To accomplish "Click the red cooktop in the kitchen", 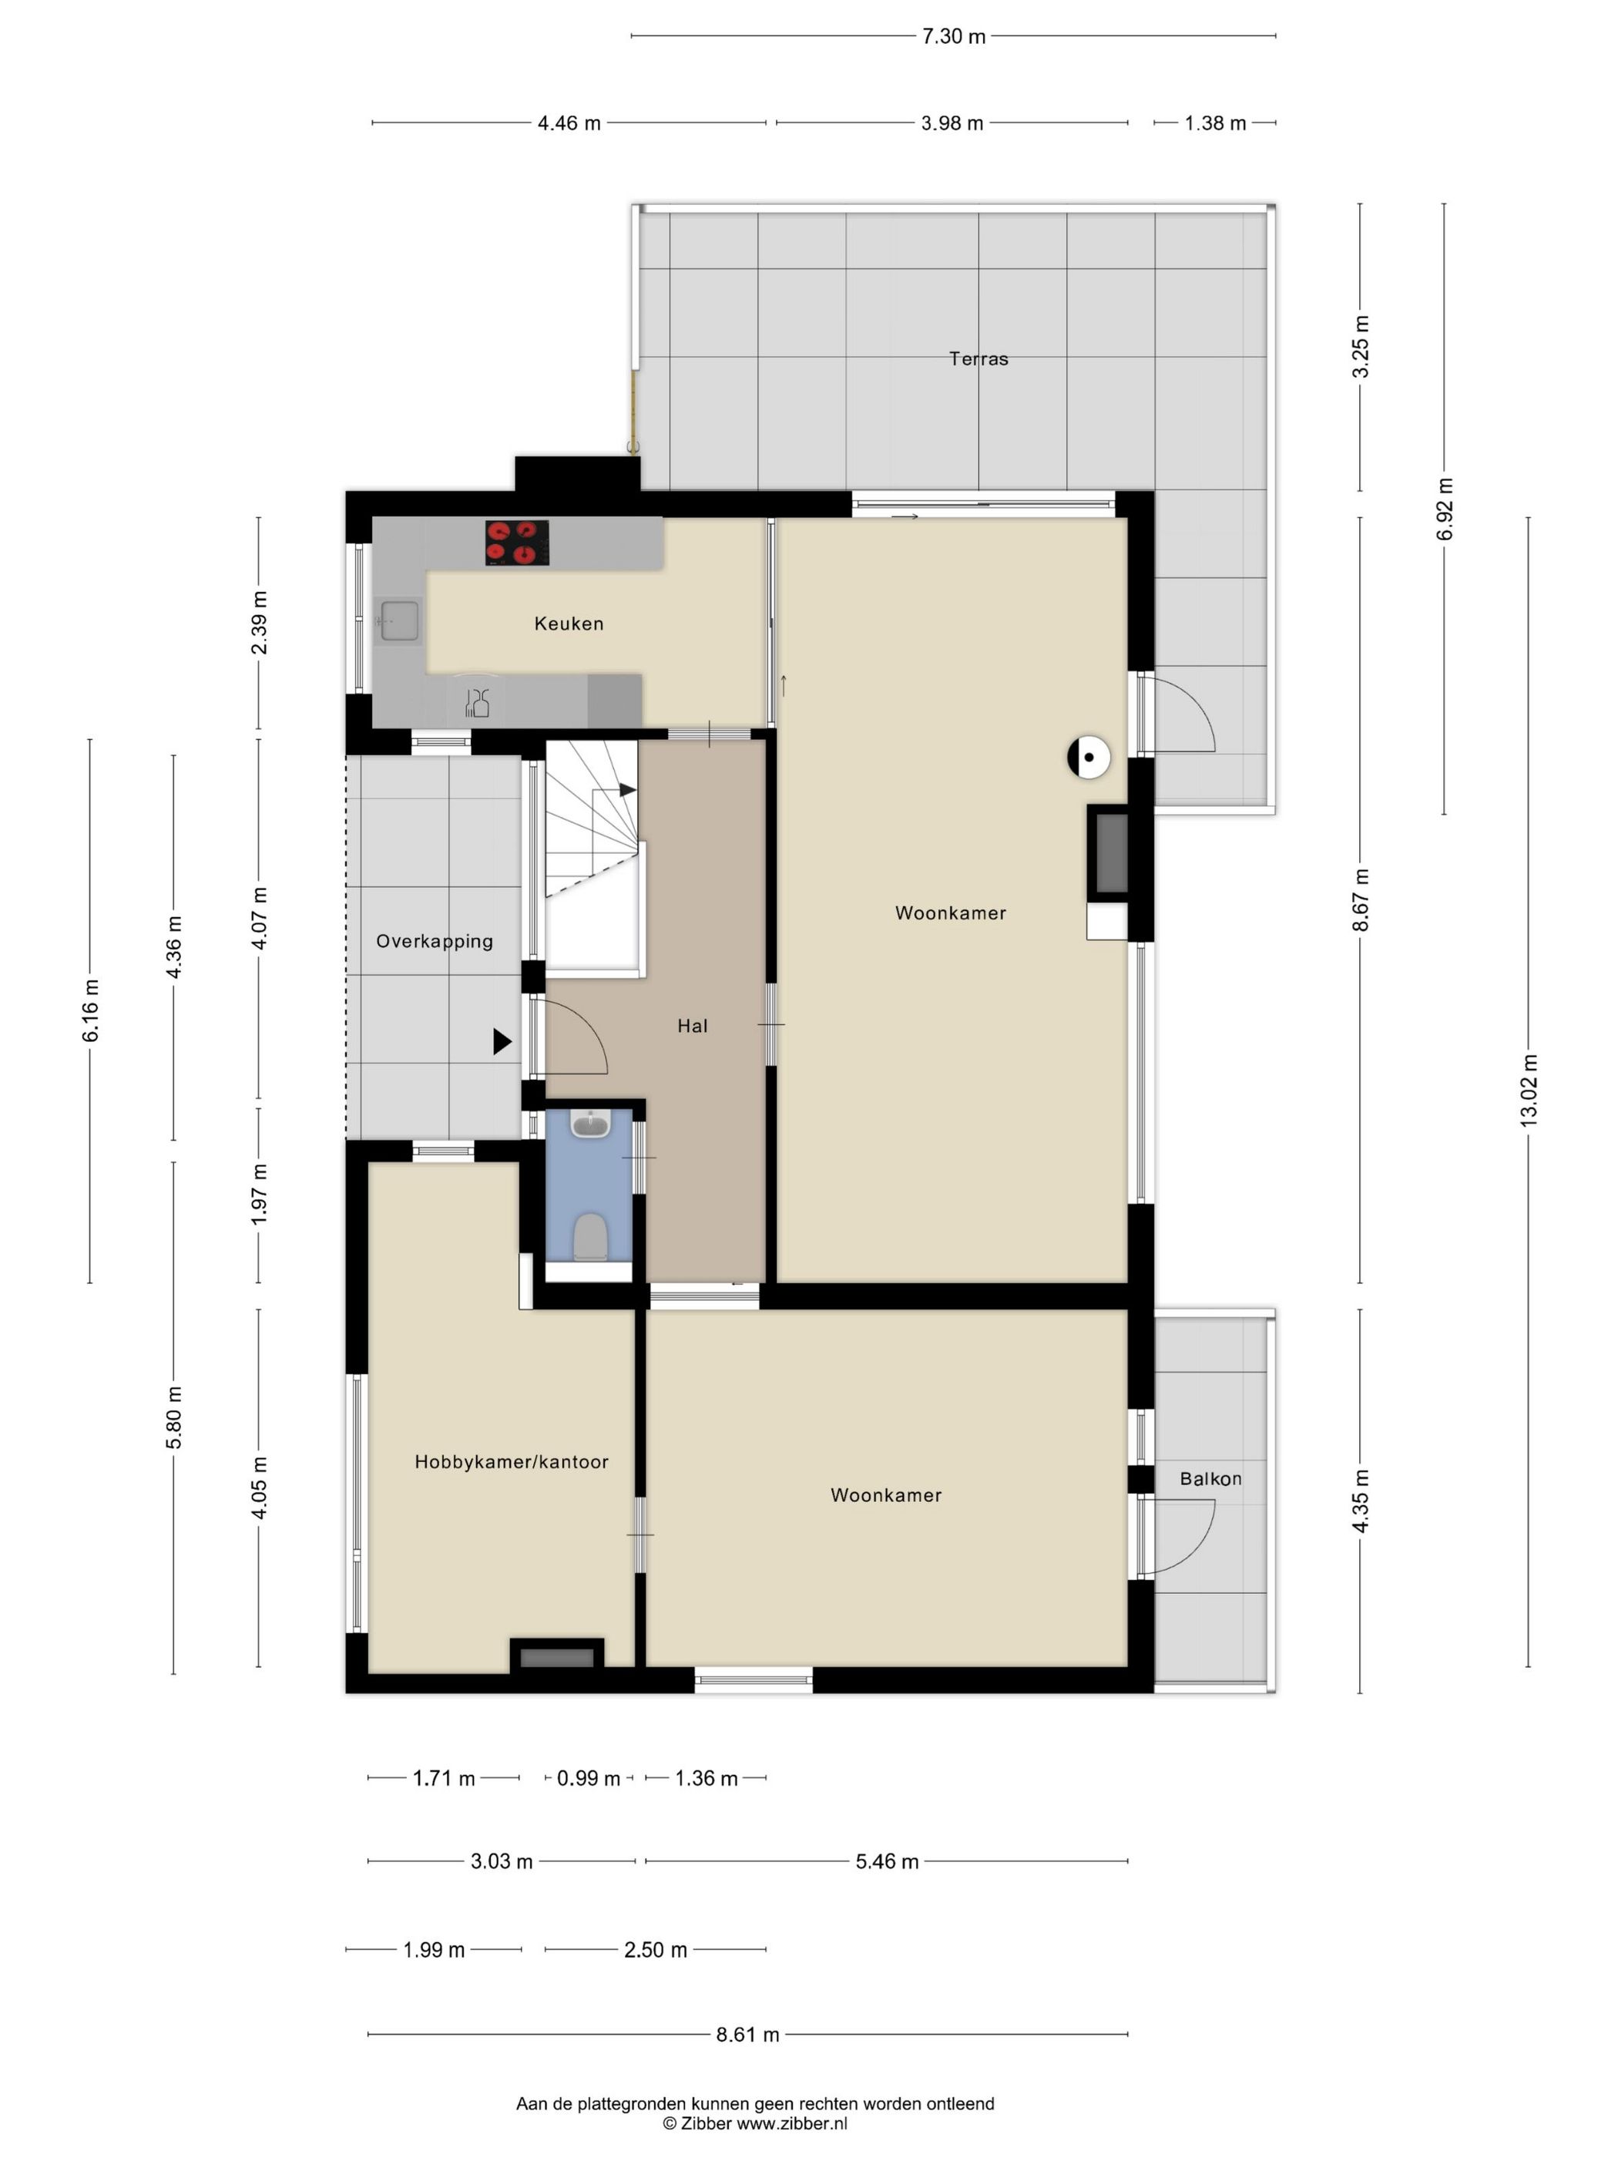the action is pos(517,543).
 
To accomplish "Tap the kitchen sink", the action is pos(400,620).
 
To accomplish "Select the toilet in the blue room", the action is pos(590,1236).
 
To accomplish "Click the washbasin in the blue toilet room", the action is pos(589,1124).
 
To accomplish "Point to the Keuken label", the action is pos(569,624).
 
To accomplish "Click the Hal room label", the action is pos(693,1025).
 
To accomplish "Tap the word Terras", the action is pos(979,358).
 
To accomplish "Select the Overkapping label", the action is pos(434,942).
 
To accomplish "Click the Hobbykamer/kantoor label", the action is pos(511,1461).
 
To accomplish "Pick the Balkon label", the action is pos(1210,1478).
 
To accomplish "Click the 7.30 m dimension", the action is pos(954,36).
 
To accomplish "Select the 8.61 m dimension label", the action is pos(748,2034).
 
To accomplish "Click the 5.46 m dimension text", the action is pos(887,1861).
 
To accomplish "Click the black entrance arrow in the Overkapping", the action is pos(502,1042).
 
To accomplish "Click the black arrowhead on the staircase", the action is pos(627,789).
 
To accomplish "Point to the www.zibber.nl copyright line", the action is pos(755,2122).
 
